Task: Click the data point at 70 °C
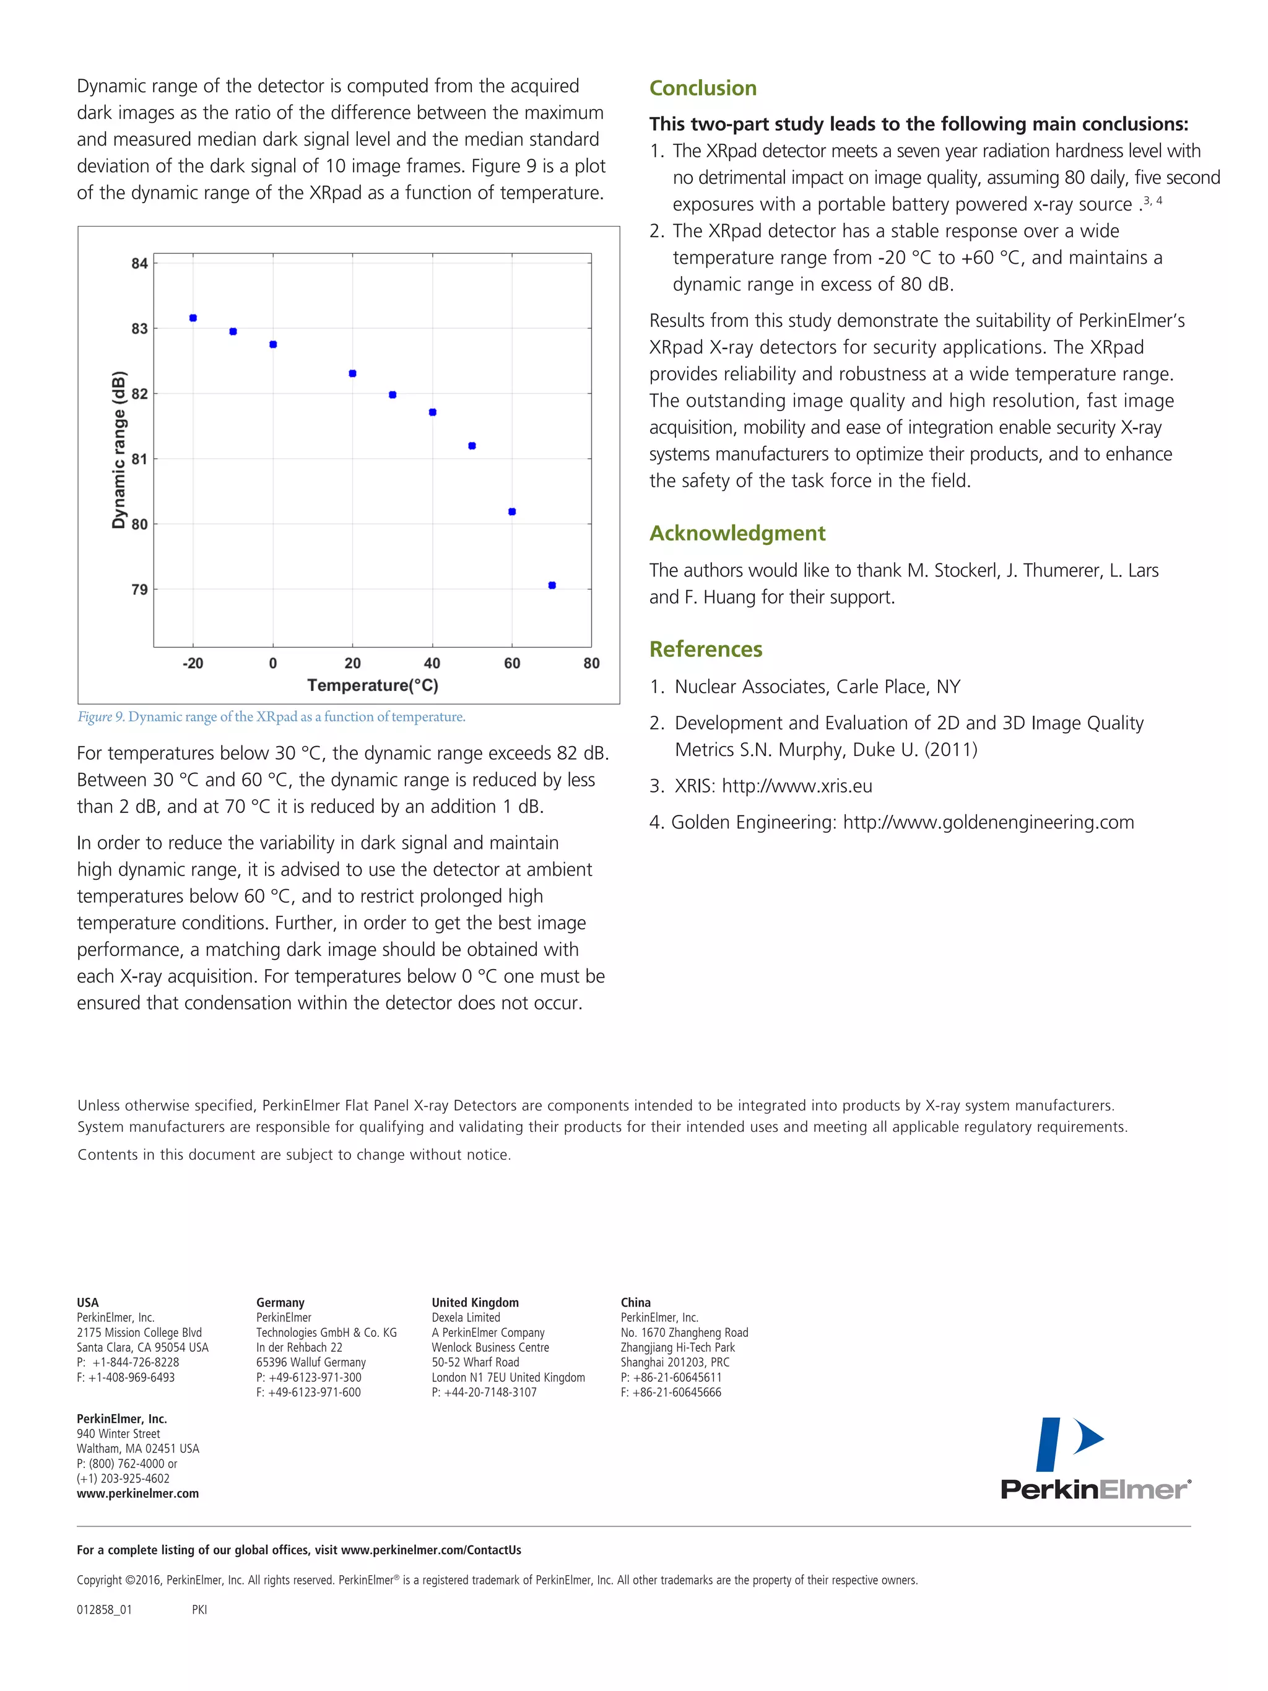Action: pos(552,586)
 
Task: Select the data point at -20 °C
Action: pos(193,318)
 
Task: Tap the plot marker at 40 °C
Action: pos(433,412)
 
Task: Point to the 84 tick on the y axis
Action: pos(139,264)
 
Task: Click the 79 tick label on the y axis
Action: pos(139,589)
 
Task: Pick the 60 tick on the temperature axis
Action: pos(512,664)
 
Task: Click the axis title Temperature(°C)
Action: pos(373,685)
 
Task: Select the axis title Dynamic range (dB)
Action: pos(118,450)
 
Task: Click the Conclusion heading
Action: pos(702,89)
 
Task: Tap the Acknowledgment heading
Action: pos(737,533)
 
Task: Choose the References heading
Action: pos(705,649)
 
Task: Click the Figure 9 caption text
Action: pos(271,717)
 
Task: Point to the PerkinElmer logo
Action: pos(1095,1459)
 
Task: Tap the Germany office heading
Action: pos(280,1303)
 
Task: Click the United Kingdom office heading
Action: pos(475,1303)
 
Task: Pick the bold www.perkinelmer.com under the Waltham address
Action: pos(137,1493)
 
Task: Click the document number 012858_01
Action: pos(104,1609)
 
